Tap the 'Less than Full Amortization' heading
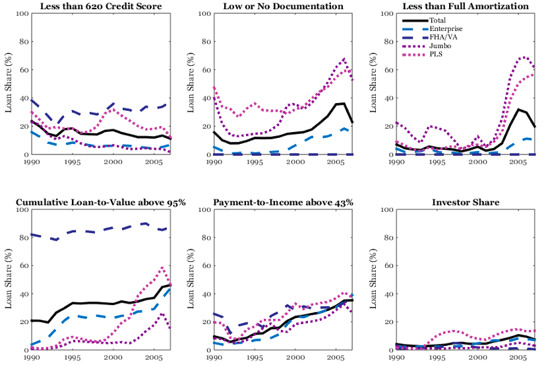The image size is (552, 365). point(467,7)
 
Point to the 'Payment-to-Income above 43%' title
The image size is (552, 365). point(282,202)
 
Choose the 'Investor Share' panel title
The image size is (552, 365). point(467,202)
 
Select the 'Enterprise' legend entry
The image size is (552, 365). point(446,29)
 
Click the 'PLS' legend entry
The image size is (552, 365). point(436,54)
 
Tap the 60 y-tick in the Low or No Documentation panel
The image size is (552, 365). point(205,70)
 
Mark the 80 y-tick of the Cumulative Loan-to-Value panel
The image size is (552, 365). point(20,238)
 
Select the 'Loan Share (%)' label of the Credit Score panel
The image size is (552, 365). point(9,84)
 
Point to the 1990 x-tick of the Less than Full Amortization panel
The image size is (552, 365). point(397,162)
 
